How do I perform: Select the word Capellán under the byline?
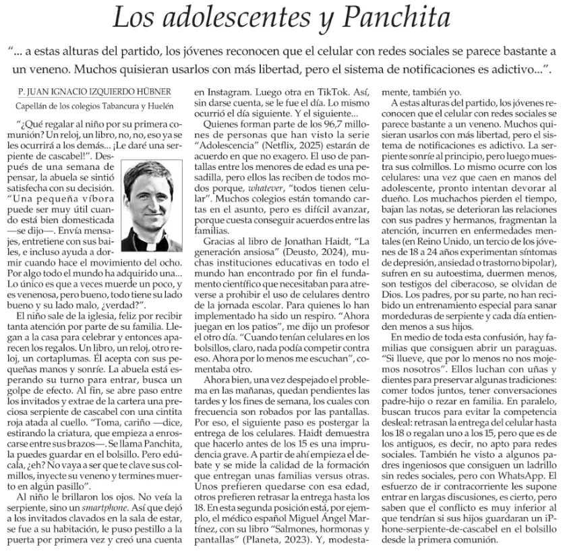34,105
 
